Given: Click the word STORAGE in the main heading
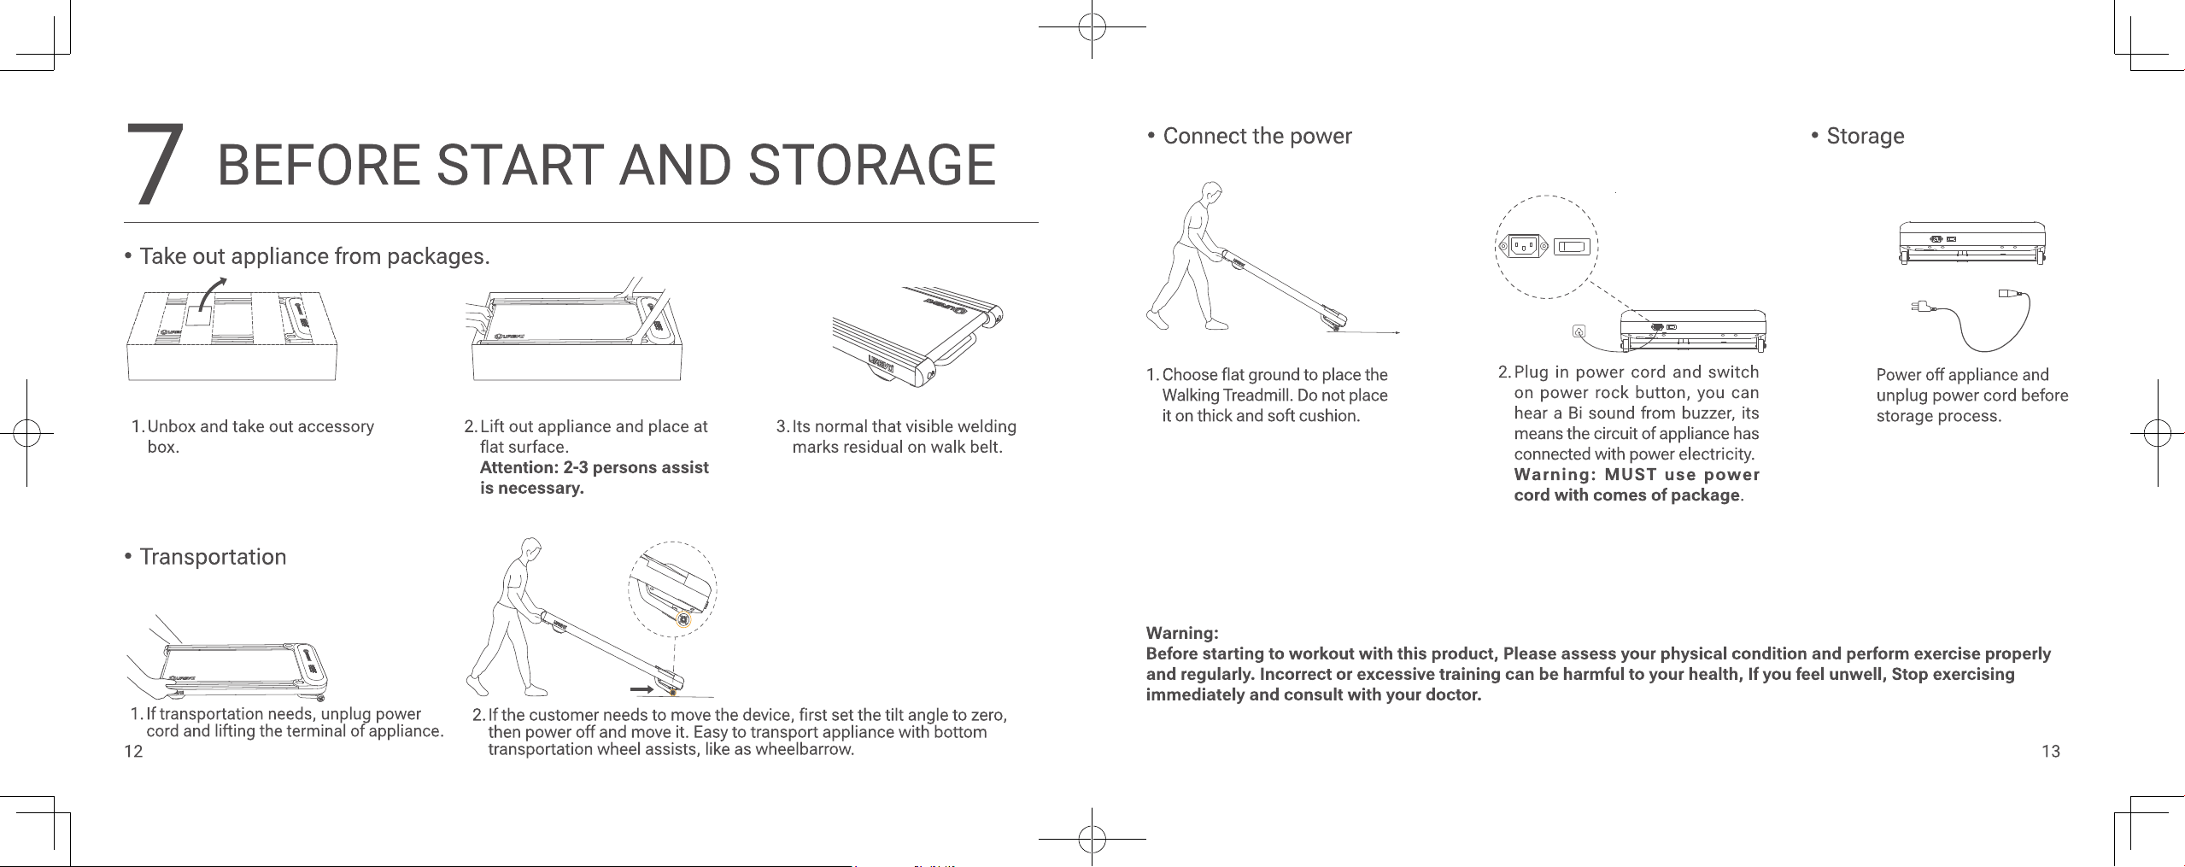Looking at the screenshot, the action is (872, 165).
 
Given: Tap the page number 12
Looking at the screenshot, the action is (133, 752).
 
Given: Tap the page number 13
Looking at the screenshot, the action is (2051, 752).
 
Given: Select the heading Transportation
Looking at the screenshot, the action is (213, 557).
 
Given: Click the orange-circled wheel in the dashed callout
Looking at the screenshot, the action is (682, 620).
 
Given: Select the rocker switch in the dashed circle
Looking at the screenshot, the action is (1572, 247).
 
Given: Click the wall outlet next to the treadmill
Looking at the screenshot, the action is (1579, 331).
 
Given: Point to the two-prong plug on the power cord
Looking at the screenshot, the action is (1921, 305).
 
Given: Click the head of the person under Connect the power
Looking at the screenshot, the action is (1210, 192).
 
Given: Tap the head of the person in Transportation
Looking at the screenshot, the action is (530, 549).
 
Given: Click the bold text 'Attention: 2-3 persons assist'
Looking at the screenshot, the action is (595, 467).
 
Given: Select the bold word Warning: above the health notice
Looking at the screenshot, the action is (1182, 633).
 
